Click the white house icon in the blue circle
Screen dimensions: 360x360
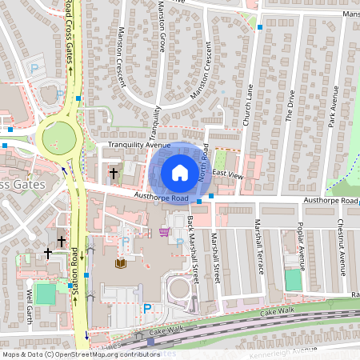tap(180, 173)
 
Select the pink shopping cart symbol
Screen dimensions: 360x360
tap(164, 232)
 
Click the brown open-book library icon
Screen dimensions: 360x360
tap(122, 263)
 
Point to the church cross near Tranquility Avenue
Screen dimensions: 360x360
tap(113, 172)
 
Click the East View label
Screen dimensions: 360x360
tap(226, 174)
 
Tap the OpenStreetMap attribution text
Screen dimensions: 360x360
tap(81, 354)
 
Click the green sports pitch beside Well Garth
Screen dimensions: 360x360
tap(46, 294)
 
